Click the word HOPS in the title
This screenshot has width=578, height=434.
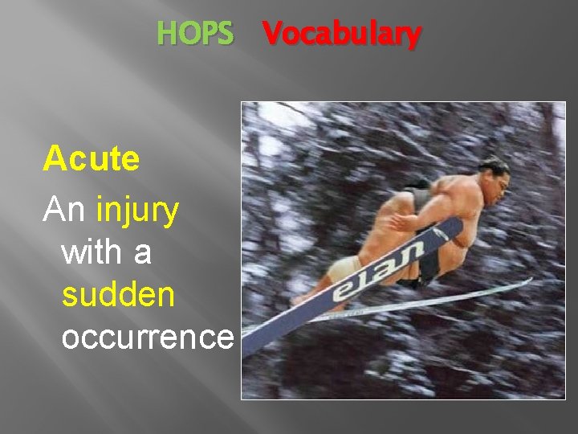[195, 34]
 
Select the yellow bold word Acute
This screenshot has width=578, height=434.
[92, 159]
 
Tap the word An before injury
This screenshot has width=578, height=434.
[66, 211]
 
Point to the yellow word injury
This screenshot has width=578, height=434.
[137, 212]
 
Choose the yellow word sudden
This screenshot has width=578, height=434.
[118, 295]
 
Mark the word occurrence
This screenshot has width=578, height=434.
[147, 338]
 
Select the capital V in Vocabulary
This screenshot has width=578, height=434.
[272, 34]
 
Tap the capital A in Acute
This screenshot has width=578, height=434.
[55, 159]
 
